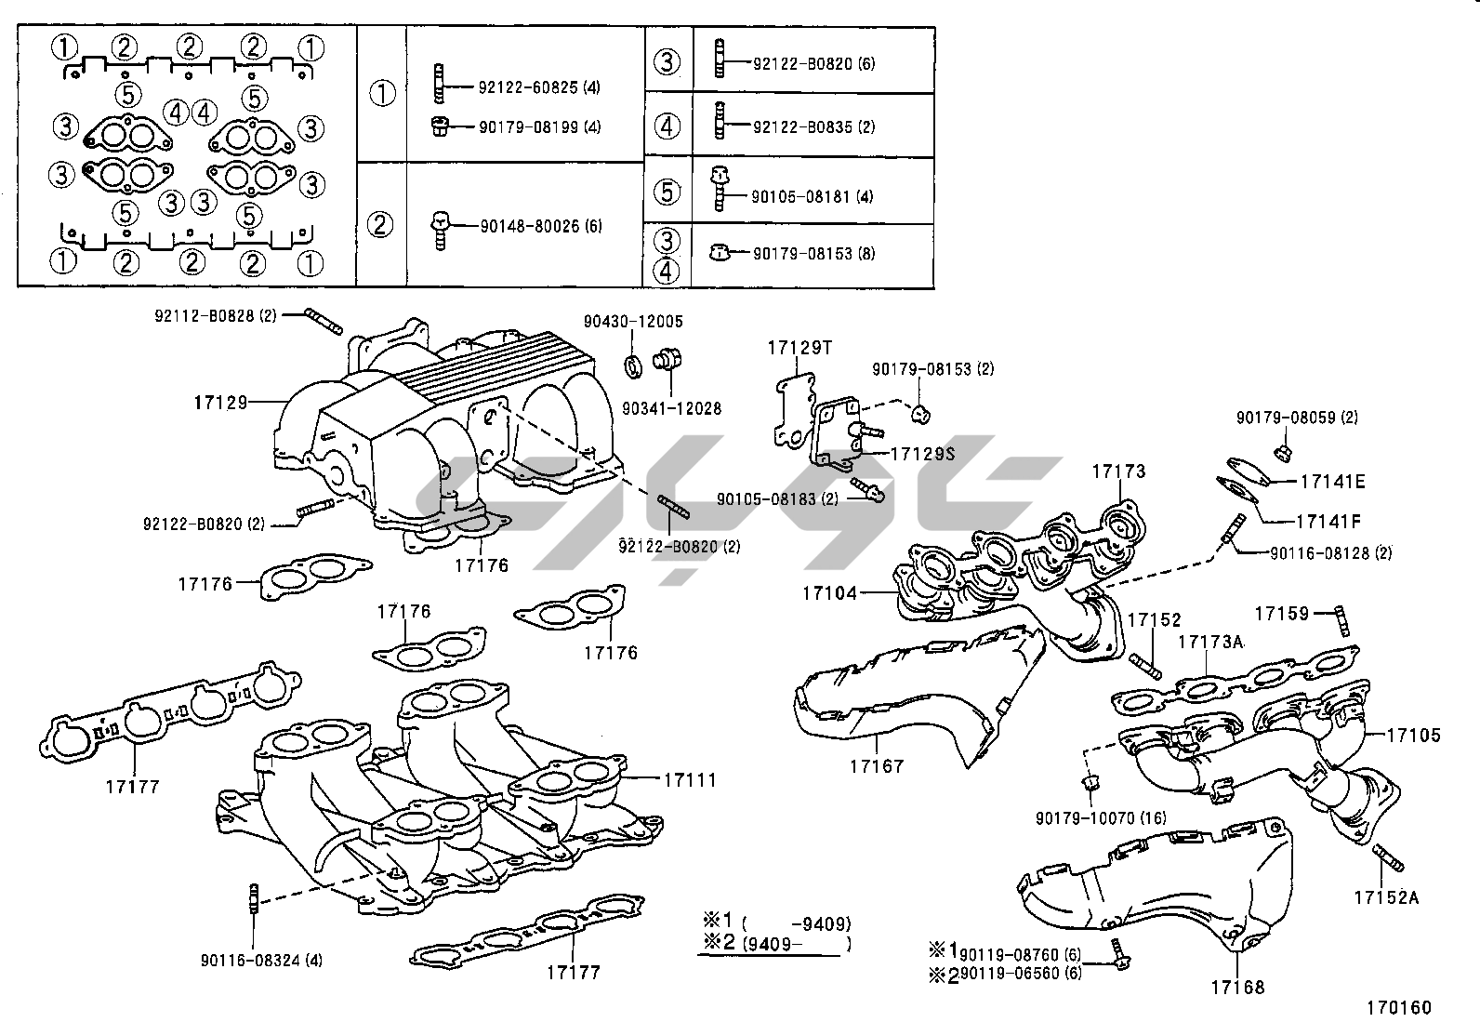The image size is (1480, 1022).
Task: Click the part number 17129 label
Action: pos(221,402)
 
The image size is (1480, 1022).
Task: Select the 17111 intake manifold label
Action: pos(689,779)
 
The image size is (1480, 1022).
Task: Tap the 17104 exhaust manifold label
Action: pos(830,592)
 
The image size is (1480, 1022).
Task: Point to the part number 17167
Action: pos(876,766)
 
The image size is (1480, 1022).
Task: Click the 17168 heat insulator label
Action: pos(1237,988)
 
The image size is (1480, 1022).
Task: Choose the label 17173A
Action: pos(1210,642)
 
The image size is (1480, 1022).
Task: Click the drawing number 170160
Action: pos(1398,1007)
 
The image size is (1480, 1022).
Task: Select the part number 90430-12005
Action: pos(633,322)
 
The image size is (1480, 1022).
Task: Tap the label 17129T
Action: pos(799,348)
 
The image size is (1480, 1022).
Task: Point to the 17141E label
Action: pos(1332,482)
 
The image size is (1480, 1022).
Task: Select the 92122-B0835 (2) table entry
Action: pos(813,126)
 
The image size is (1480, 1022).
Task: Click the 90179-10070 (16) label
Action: pos(1087,818)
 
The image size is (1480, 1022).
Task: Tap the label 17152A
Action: pos(1386,897)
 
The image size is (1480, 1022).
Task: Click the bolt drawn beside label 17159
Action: pos(1341,620)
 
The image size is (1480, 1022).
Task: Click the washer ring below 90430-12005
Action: pos(632,366)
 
